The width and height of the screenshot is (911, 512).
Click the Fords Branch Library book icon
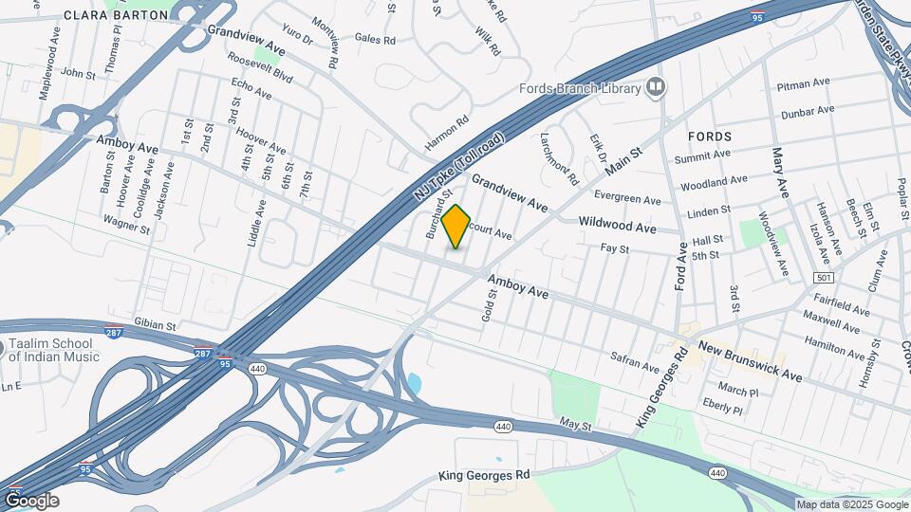pos(656,88)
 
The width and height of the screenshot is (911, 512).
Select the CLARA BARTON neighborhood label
pos(111,15)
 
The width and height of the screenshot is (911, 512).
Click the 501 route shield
pos(824,277)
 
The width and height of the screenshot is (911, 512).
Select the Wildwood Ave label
pos(618,228)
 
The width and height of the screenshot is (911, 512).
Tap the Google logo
pos(31,501)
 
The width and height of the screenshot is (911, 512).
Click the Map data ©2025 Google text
pos(851,504)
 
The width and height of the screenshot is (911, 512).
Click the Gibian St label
pos(156,325)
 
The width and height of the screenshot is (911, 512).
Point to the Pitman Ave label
pos(805,85)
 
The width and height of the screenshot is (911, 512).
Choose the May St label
pos(575,424)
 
